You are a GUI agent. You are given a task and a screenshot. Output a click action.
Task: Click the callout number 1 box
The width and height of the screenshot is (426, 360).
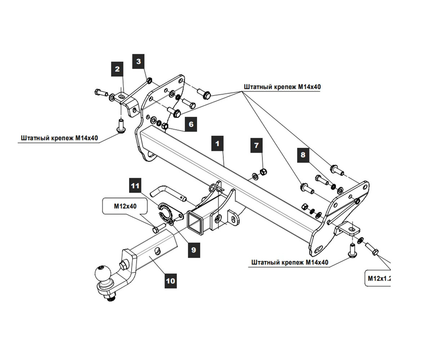coord(217,143)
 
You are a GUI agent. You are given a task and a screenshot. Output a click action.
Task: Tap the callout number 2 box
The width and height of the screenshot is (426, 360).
coord(117,69)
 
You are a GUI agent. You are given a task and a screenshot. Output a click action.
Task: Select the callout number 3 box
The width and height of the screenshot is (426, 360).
coord(139,61)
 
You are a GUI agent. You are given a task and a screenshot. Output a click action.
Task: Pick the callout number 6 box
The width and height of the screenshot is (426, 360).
coord(191,124)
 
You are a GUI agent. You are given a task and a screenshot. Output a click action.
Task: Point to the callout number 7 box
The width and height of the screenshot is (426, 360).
coord(257,145)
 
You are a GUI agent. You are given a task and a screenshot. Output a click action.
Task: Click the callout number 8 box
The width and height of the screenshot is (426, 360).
coord(303,155)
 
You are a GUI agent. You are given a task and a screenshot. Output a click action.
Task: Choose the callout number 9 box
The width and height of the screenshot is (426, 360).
coord(194,249)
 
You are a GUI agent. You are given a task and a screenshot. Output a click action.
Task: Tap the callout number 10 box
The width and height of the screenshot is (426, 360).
coord(170,280)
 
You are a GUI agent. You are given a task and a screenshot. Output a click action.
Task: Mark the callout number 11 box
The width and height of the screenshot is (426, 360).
coord(135,186)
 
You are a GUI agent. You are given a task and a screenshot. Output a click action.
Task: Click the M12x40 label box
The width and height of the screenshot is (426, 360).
coord(125,206)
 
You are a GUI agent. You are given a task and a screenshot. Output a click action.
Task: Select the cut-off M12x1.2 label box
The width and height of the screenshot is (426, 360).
coord(378,278)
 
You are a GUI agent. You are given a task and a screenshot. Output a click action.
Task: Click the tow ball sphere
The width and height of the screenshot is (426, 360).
coord(103,274)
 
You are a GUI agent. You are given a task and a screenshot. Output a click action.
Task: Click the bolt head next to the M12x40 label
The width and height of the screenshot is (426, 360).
coord(155,229)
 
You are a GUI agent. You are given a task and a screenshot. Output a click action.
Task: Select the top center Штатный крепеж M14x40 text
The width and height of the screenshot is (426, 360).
coord(282,87)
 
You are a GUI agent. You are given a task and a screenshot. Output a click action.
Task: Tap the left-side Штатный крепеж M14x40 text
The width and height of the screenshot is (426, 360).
coord(59,138)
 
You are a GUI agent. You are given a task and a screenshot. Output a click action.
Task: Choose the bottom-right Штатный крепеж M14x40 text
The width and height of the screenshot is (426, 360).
coord(290,262)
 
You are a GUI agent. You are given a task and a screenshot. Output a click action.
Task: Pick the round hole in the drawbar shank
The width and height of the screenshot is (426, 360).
coord(158,251)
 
